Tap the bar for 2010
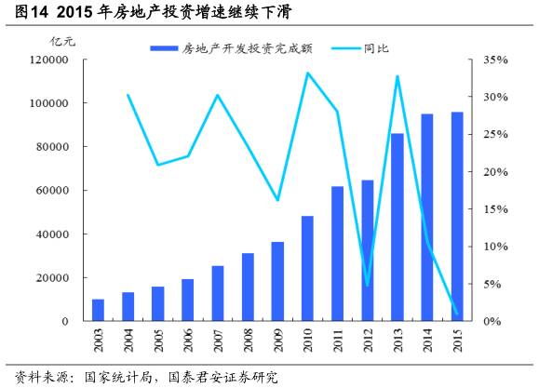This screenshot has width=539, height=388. (x=307, y=269)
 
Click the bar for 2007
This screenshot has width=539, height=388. (x=218, y=293)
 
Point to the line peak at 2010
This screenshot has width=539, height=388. (x=308, y=73)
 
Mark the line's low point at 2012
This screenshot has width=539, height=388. (x=368, y=286)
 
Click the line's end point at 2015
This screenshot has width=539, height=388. (x=457, y=314)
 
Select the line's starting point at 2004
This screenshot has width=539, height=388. (x=128, y=95)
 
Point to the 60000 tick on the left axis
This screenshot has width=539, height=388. (x=53, y=191)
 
